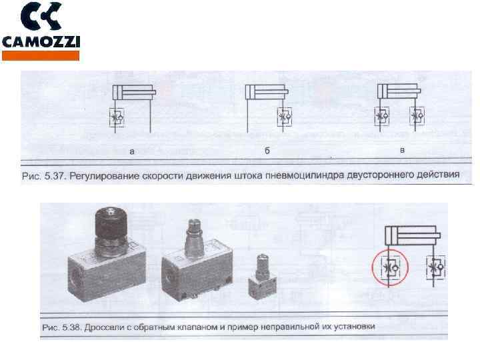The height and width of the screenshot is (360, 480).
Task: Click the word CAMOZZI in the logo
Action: coord(41,42)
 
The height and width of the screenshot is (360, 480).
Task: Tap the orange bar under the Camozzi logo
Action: coord(41,56)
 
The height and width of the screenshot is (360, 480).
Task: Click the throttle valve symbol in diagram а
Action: coord(117,117)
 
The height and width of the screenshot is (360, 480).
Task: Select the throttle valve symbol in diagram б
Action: coord(285,117)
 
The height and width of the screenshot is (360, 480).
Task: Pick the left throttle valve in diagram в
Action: coord(382,116)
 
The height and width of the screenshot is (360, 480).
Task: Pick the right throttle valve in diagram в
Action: coord(417,116)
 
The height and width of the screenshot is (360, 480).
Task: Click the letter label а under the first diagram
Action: coord(132,151)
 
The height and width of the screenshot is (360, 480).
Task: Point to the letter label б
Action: coord(267,151)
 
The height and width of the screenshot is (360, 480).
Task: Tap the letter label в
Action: coord(402,150)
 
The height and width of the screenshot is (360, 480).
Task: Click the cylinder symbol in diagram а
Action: coord(134,92)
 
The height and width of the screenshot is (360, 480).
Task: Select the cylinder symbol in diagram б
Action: coord(267,92)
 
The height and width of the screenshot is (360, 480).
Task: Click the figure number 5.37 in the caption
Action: coord(56,176)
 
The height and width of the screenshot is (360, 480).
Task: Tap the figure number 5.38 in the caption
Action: coord(71,327)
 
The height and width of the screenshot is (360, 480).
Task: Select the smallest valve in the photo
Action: coord(262,277)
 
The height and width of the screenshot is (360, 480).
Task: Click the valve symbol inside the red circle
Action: coord(389,267)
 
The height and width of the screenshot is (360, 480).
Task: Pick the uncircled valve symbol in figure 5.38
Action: coord(435,267)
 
